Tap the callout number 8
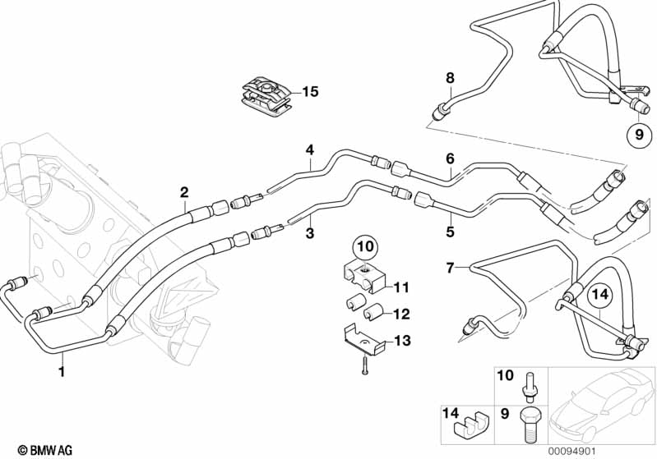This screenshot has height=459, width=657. coord(450,78)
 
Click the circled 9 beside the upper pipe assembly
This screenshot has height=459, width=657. coord(638,134)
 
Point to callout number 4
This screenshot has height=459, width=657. coord(309,149)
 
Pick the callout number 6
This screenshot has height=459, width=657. coord(450,158)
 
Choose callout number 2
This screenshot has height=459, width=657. coord(184,192)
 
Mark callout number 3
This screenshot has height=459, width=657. coord(309,234)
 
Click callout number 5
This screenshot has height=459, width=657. coord(450,232)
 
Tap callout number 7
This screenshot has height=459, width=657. coord(449,268)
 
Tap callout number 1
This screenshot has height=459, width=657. coord(61,371)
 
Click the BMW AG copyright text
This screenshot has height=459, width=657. coord(32,449)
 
